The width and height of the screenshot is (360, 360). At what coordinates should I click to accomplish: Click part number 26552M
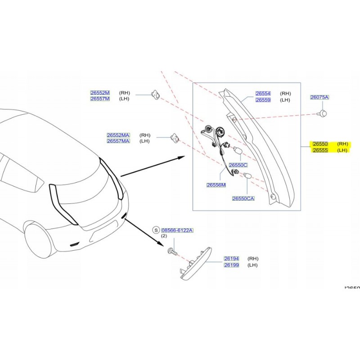pyautogui.click(x=100, y=93)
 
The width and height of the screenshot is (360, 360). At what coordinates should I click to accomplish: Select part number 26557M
pyautogui.click(x=100, y=99)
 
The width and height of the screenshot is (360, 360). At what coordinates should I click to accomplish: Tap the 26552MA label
pyautogui.click(x=118, y=135)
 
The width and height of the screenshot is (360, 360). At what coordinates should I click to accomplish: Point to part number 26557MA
pyautogui.click(x=118, y=141)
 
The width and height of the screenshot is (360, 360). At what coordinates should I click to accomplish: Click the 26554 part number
pyautogui.click(x=263, y=94)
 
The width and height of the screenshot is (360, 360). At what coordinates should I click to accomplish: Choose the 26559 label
pyautogui.click(x=263, y=100)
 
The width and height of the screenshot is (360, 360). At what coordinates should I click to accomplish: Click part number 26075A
pyautogui.click(x=319, y=97)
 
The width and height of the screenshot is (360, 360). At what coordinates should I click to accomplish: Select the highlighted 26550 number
pyautogui.click(x=320, y=144)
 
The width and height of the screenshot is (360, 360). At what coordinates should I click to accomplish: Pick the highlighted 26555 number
pyautogui.click(x=320, y=150)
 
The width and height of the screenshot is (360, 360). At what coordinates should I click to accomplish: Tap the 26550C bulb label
pyautogui.click(x=238, y=165)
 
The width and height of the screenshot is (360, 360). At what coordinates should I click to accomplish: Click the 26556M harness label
pyautogui.click(x=216, y=185)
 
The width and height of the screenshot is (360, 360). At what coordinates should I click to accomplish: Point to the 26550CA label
pyautogui.click(x=243, y=198)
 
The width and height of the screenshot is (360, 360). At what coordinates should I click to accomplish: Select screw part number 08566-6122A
pyautogui.click(x=177, y=230)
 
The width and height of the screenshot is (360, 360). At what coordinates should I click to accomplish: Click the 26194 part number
pyautogui.click(x=231, y=259)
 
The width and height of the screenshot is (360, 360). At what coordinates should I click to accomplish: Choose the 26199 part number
pyautogui.click(x=231, y=265)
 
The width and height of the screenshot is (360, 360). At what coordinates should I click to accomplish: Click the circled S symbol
pyautogui.click(x=156, y=230)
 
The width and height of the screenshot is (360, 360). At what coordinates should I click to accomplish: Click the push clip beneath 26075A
pyautogui.click(x=323, y=113)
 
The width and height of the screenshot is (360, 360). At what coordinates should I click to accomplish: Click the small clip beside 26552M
pyautogui.click(x=155, y=95)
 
